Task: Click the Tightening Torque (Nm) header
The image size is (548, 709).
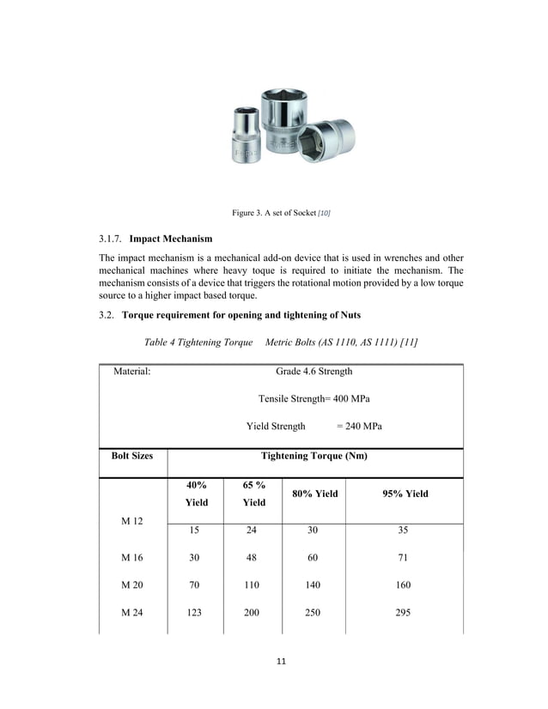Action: coord(314,456)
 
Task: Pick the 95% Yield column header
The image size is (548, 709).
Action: coord(404,494)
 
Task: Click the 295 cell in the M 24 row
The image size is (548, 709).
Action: coord(404,612)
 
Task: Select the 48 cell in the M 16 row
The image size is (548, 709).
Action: coord(252,557)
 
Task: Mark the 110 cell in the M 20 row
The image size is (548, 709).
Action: coord(252,585)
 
